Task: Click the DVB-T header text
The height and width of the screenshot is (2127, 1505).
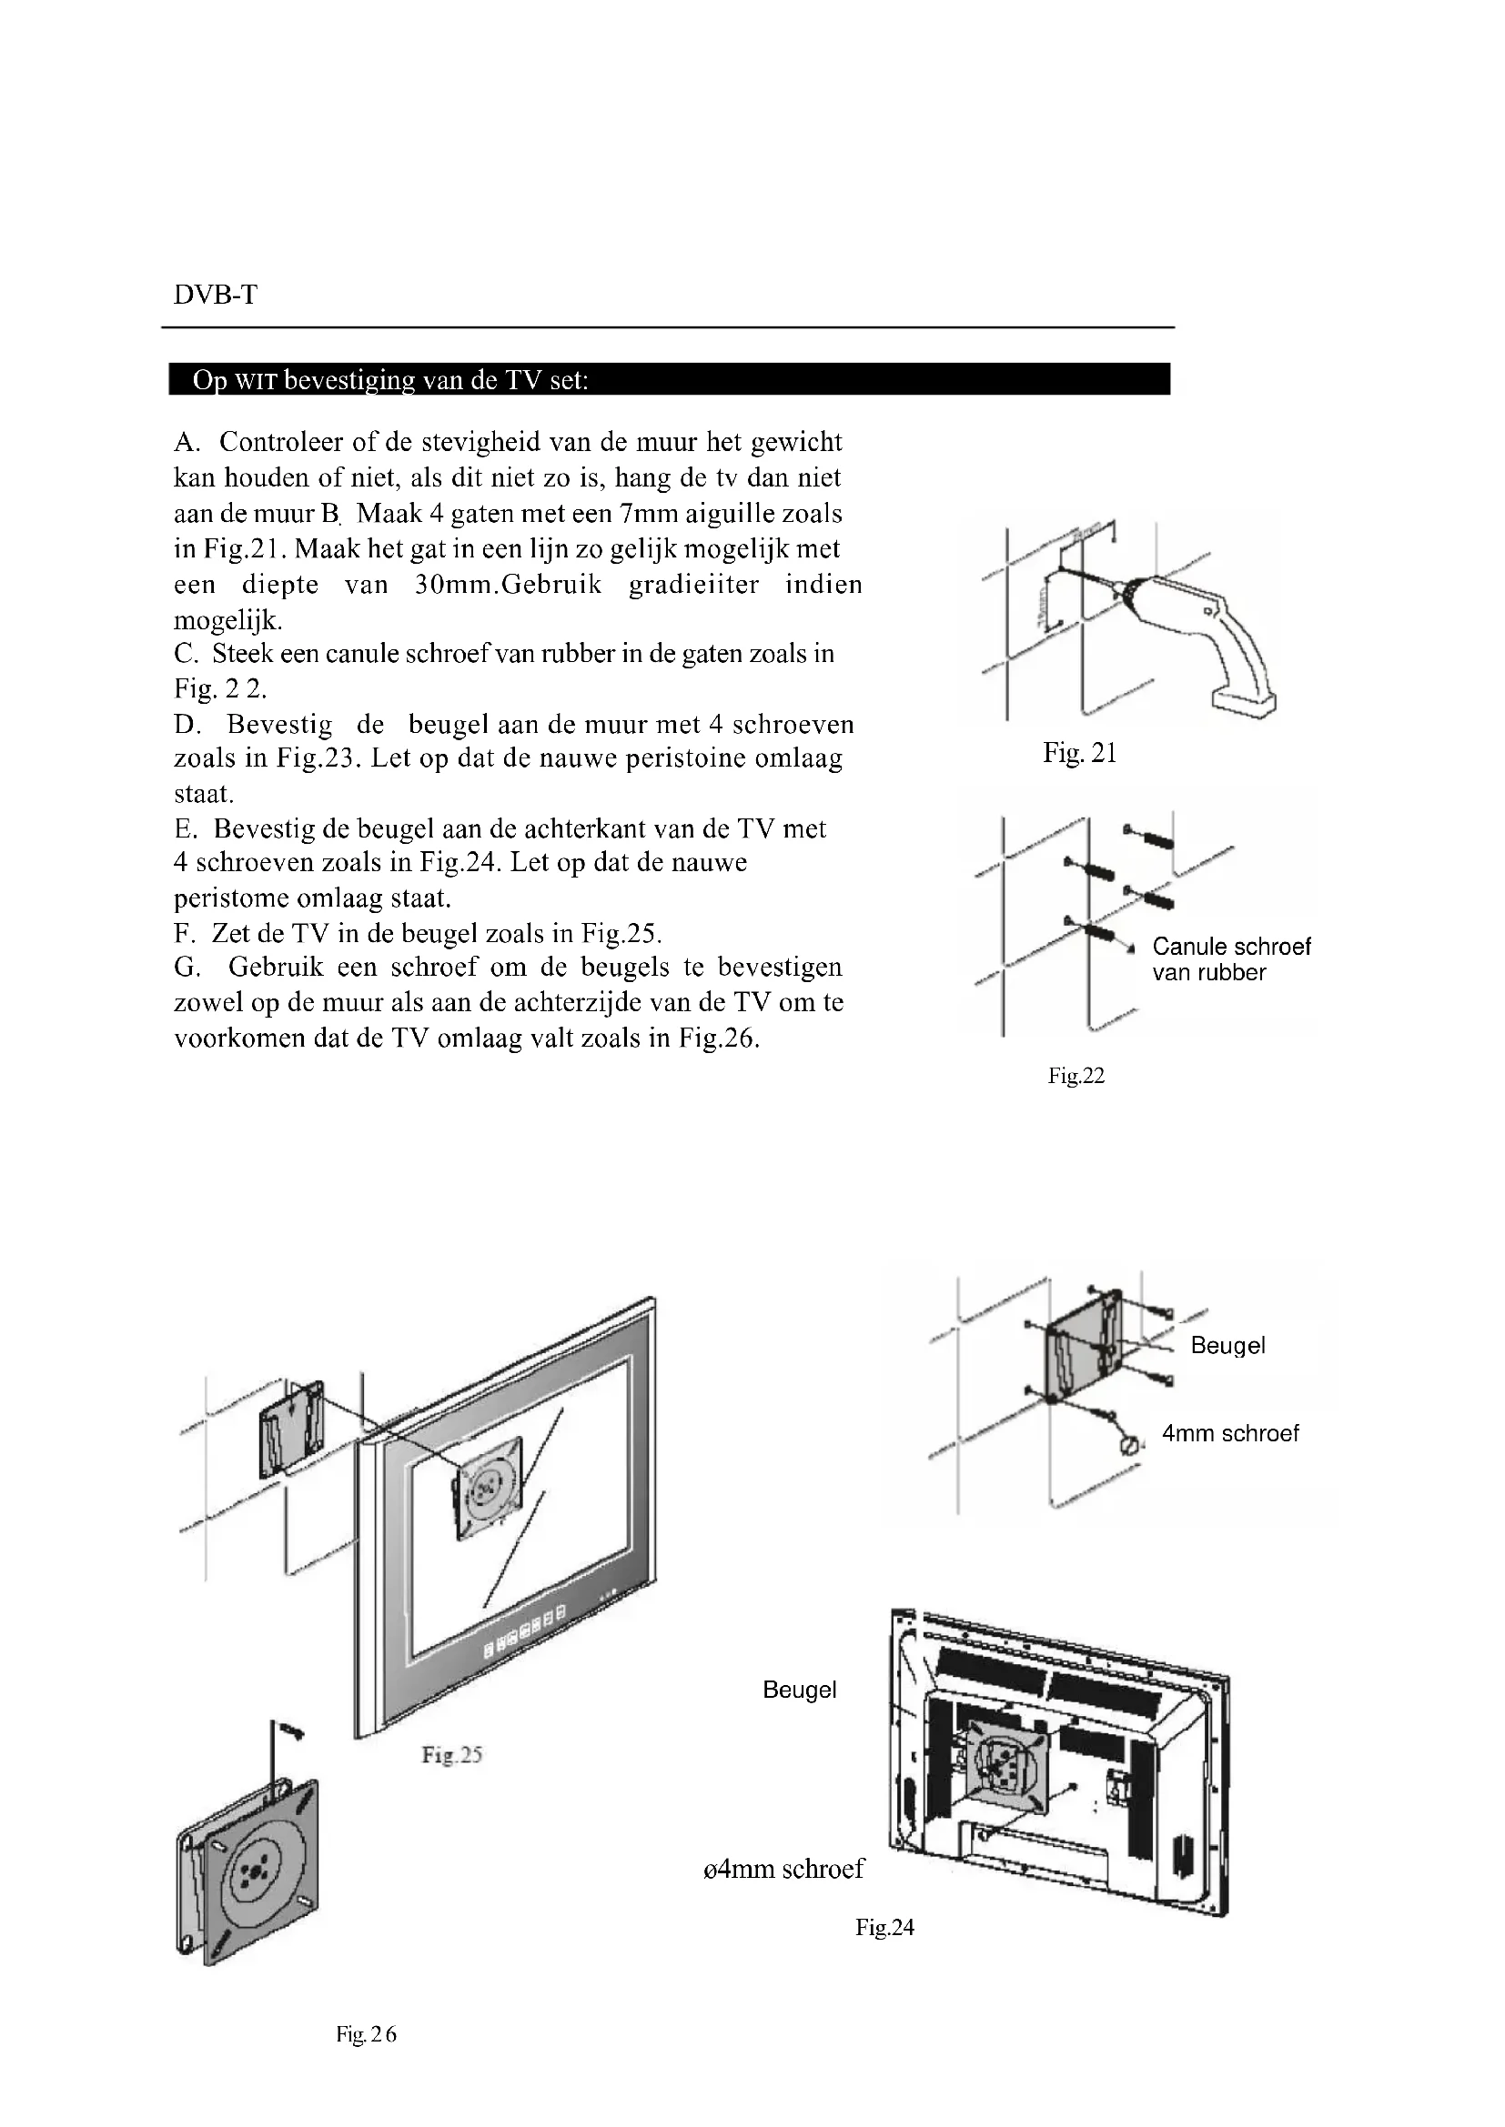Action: tap(215, 296)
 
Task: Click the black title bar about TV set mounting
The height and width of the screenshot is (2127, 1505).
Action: tap(669, 380)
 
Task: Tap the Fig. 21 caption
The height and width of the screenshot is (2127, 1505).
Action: tap(1080, 753)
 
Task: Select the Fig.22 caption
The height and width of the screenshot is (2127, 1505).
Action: tap(1076, 1076)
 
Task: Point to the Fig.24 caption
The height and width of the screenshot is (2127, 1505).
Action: tap(884, 1928)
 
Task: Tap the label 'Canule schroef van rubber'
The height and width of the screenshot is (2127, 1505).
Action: tap(1231, 958)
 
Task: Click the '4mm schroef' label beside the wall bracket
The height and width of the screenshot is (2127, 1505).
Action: tap(1230, 1433)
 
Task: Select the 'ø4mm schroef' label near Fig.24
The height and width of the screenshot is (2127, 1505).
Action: tap(784, 1869)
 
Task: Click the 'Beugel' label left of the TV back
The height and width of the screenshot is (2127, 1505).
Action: tap(799, 1690)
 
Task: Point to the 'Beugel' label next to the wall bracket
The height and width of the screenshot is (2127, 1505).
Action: tap(1227, 1345)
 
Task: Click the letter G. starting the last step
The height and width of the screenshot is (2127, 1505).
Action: tap(187, 968)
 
